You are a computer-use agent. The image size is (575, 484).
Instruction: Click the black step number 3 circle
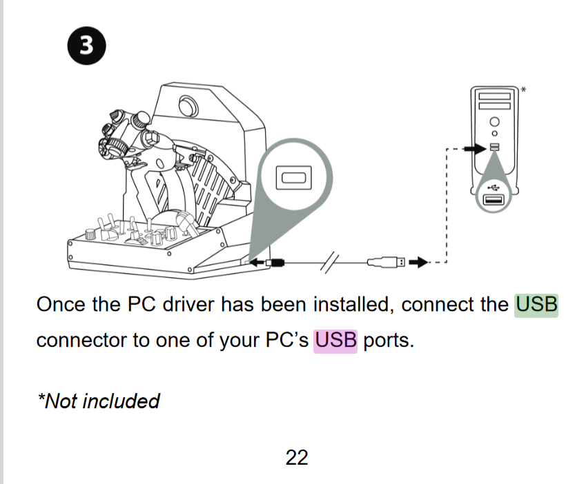coord(86,46)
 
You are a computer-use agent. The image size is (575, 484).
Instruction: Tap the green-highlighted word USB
coord(536,305)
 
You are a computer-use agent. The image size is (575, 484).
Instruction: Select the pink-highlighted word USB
coord(335,341)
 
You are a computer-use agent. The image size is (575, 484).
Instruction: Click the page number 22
coord(297,458)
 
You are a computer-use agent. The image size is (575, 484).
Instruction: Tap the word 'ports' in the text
coord(389,341)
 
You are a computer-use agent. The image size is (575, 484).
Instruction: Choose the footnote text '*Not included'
coord(99,401)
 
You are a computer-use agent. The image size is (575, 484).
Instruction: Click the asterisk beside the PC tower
coord(523,90)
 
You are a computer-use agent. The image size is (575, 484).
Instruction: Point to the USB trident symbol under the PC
coord(494,188)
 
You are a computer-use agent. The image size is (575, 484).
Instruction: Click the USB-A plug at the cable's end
coord(386,262)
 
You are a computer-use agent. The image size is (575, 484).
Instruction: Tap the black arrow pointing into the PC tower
coord(475,148)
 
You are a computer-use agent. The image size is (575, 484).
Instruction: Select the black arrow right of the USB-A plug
coord(418,262)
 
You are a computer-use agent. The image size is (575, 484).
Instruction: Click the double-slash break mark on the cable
coord(330,262)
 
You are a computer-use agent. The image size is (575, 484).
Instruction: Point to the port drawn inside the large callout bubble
coord(294,177)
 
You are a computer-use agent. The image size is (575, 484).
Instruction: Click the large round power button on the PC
coord(494,121)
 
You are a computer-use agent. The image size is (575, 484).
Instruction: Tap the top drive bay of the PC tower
coord(494,96)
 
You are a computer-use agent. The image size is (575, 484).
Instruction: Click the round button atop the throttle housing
coord(188,105)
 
